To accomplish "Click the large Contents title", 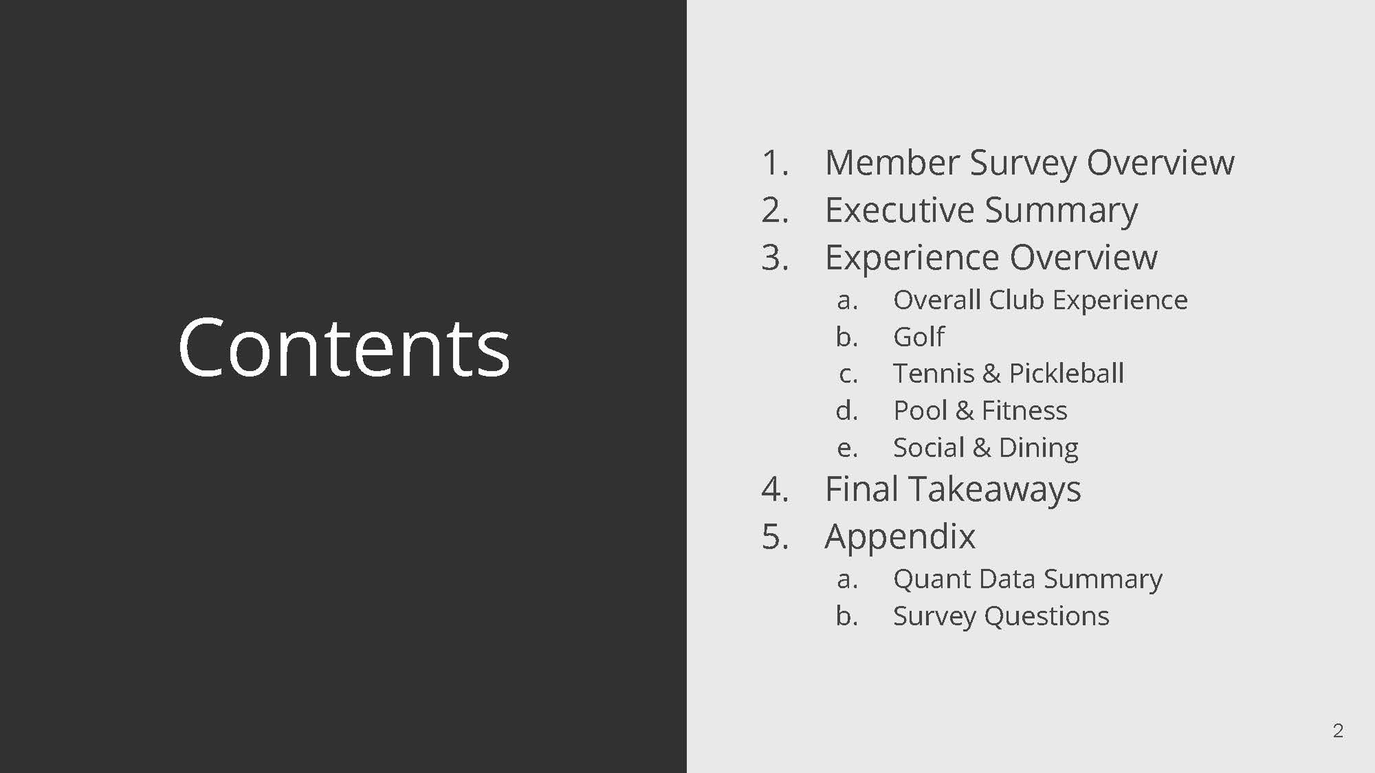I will (x=344, y=348).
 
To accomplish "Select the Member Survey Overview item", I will (x=1029, y=163).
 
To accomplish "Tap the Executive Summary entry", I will (x=981, y=210).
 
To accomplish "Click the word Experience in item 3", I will (x=912, y=258).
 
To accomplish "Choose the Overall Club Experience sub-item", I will (x=1039, y=300).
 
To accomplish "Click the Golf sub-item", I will (x=918, y=337).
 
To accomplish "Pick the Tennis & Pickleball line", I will (x=1008, y=374).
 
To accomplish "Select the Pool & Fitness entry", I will (x=980, y=411).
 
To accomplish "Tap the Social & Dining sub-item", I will (x=985, y=448).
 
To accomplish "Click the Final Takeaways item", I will (x=952, y=489).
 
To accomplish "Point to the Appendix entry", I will (x=899, y=537).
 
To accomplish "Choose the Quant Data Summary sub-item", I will (x=1027, y=579).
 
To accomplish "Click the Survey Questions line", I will (x=1000, y=616).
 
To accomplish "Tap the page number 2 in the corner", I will (x=1337, y=730).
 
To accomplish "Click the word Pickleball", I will (x=1066, y=374).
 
